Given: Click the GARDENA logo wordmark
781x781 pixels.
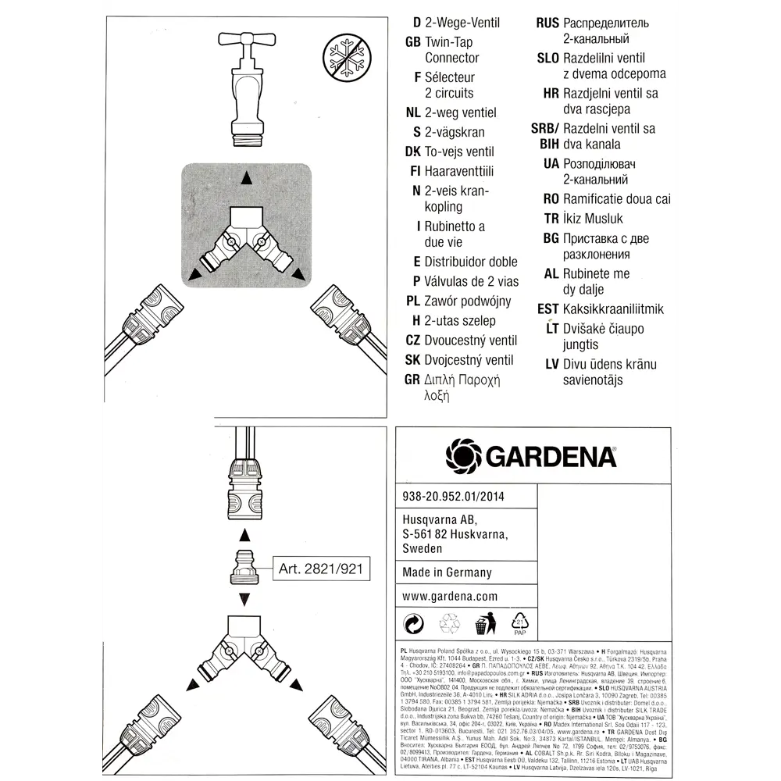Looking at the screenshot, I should [531, 455].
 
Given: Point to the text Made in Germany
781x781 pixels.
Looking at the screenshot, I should [447, 572].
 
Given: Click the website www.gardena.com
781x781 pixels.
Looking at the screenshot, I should [450, 596].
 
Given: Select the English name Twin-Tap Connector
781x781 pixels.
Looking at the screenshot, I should [451, 50].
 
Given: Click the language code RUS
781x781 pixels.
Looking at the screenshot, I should [547, 23].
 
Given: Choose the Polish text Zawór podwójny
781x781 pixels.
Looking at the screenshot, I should [467, 301].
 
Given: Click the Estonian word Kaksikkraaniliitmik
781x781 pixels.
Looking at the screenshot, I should [613, 309].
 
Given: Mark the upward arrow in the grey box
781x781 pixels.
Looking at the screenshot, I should [247, 178].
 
